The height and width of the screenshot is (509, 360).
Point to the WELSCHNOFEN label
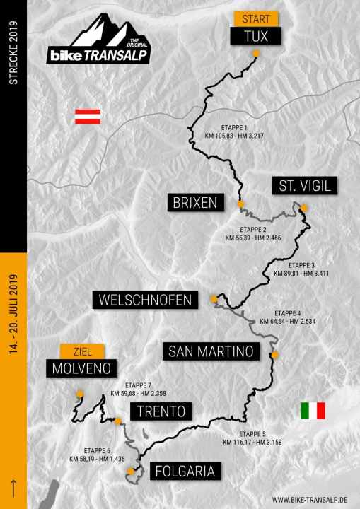[145, 300]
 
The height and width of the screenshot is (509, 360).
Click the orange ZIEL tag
[83, 351]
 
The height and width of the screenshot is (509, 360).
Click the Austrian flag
[88, 117]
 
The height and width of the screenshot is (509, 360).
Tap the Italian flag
[313, 411]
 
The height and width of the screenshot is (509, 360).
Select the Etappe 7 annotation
[139, 390]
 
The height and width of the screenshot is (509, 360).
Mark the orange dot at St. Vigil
[303, 208]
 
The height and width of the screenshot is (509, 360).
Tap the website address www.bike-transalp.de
[312, 500]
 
